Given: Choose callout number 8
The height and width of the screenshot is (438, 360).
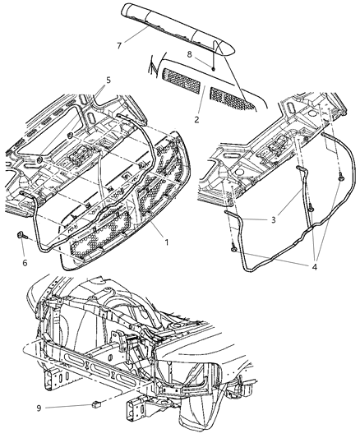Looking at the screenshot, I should click(191, 55).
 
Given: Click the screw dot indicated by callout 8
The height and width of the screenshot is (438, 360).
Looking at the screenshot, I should click(212, 68).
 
